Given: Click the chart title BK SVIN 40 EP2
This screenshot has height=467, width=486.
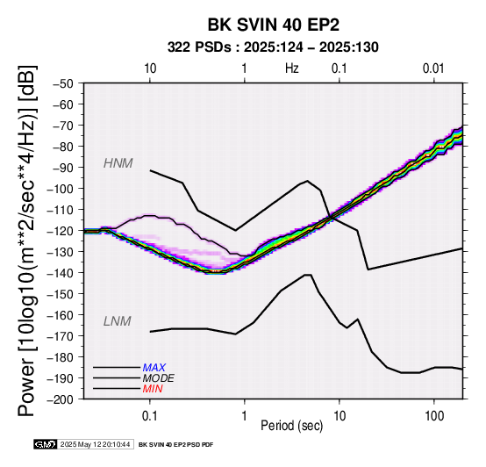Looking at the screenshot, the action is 274,25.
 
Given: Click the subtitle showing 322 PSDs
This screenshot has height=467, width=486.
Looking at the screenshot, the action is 273,47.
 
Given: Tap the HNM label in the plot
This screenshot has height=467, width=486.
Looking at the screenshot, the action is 118,163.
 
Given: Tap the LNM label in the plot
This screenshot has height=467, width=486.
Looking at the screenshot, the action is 118,321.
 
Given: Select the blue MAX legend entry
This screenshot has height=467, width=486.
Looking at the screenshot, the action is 154,368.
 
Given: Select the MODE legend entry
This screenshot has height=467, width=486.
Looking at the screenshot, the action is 159,378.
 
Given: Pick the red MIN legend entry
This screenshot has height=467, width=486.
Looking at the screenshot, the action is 153,389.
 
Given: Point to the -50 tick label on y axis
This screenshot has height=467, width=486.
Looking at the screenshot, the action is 63,83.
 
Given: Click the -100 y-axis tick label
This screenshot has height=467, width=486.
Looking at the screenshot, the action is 61,189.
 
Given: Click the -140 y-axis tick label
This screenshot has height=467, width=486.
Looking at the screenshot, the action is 61,273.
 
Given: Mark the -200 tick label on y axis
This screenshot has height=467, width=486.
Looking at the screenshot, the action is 61,399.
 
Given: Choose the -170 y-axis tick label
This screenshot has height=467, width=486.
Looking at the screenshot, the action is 61,336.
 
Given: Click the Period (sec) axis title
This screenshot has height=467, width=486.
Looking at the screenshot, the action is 291,426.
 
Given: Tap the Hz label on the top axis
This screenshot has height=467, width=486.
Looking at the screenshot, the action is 291,68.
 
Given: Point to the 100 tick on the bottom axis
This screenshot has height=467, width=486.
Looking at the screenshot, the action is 434,416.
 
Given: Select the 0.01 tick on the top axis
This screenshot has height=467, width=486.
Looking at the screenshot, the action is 433,68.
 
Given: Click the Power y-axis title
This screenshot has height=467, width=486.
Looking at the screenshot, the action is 27,241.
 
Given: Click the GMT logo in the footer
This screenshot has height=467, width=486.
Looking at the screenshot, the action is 46,444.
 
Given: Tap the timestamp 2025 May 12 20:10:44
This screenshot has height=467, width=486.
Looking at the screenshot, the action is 95,444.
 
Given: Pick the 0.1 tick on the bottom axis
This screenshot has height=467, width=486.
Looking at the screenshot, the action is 150,416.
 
